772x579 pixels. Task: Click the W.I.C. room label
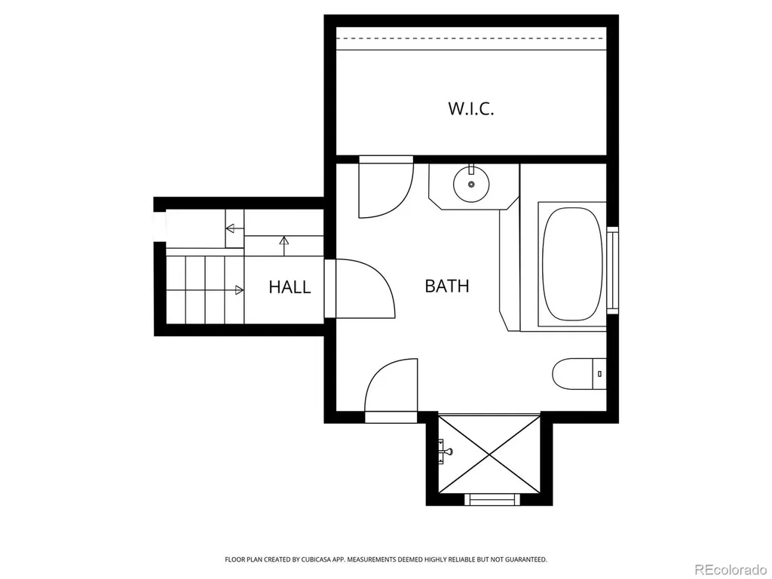coord(470,109)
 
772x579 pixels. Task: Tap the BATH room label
coord(446,286)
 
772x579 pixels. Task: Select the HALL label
coord(289,287)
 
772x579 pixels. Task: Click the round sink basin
coord(471,184)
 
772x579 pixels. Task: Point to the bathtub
coord(572,265)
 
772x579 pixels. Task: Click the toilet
coord(579,374)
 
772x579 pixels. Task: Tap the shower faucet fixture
coord(445,452)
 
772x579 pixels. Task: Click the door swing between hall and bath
coord(364,289)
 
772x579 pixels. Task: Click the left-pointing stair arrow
coord(235,228)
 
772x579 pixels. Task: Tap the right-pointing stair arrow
coord(205,290)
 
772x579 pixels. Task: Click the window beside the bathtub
coord(612,270)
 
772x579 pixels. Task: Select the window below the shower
coord(492,499)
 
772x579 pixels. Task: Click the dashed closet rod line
coord(471,38)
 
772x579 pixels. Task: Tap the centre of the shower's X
coord(489,453)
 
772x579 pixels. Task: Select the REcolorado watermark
coord(730,569)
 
